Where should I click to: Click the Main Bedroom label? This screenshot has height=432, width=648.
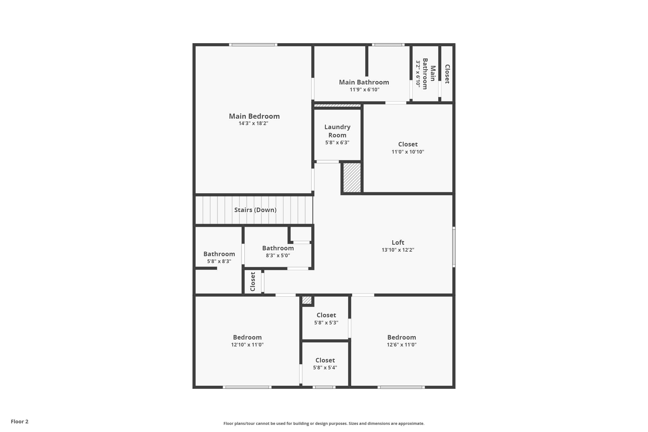254,116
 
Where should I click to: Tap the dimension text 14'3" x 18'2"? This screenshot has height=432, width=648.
253,123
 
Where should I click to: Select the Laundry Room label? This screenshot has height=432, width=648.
337,131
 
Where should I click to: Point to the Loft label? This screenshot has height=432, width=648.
398,242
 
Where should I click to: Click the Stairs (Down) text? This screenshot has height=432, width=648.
255,210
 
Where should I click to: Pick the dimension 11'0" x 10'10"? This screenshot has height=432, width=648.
408,152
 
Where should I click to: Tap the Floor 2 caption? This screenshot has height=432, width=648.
20,422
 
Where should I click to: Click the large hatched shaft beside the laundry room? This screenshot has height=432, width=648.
352,178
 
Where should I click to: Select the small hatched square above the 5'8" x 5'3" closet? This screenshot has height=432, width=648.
307,300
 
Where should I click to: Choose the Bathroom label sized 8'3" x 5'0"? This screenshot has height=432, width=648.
278,248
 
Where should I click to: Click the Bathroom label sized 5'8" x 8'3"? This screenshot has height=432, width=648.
219,254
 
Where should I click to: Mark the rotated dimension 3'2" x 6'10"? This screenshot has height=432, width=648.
418,74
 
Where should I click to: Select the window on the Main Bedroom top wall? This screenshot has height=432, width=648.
253,45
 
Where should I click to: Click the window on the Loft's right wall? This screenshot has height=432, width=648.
454,247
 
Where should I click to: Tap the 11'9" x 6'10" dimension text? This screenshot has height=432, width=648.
364,90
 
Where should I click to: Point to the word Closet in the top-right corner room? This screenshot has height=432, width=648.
447,74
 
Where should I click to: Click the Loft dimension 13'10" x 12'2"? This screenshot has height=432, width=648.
398,250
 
